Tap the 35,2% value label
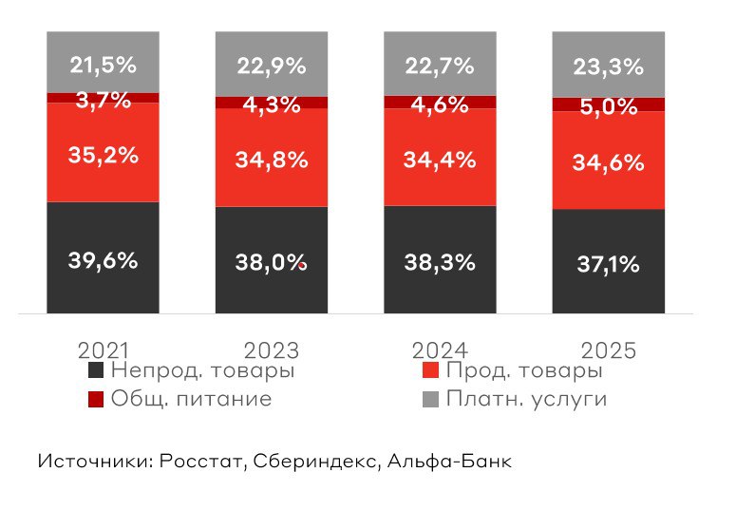[x=103, y=155]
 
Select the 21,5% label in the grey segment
[x=103, y=65]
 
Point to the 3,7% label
[x=103, y=99]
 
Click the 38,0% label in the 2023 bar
[x=271, y=264]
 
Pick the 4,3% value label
[x=271, y=104]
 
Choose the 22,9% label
[x=271, y=66]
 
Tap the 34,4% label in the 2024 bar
[x=440, y=160]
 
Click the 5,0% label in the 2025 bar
[x=608, y=106]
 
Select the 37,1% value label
[x=608, y=265]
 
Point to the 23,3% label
[x=608, y=66]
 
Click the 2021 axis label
[x=103, y=349]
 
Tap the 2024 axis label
[x=440, y=349]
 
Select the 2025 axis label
[x=608, y=349]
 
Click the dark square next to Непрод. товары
[x=95, y=371]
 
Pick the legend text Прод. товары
[x=524, y=370]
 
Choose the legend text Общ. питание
[x=191, y=399]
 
